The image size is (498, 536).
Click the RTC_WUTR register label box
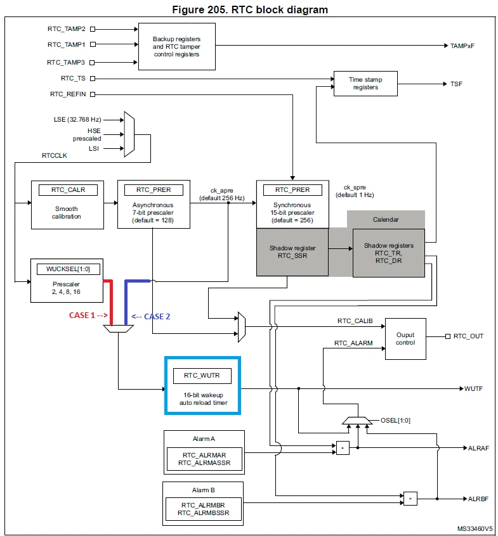pyautogui.click(x=202, y=376)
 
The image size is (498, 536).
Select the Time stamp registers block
pyautogui.click(x=365, y=84)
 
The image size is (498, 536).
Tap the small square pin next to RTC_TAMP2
pyautogui.click(x=93, y=29)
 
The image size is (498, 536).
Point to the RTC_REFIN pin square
pyautogui.click(x=93, y=94)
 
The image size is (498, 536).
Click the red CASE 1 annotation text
pyautogui.click(x=88, y=315)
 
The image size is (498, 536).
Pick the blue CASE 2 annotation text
pyautogui.click(x=151, y=317)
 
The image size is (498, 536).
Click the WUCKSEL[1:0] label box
pyautogui.click(x=69, y=269)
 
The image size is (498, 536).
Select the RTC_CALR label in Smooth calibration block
pyautogui.click(x=68, y=189)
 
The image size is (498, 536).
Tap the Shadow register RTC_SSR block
pyautogui.click(x=292, y=252)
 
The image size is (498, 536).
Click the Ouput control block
pyautogui.click(x=405, y=339)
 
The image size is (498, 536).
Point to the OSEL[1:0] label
pyautogui.click(x=395, y=421)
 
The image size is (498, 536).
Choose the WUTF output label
pyautogui.click(x=473, y=388)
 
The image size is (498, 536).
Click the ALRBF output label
pyautogui.click(x=478, y=499)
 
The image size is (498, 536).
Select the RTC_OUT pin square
pyautogui.click(x=448, y=336)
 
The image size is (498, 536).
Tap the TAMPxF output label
pyautogui.click(x=462, y=46)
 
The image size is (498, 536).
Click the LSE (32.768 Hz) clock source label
pyautogui.click(x=77, y=120)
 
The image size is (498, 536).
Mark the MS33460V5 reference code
pyautogui.click(x=475, y=529)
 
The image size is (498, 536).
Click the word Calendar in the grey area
pyautogui.click(x=386, y=219)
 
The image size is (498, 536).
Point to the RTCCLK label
pyautogui.click(x=55, y=155)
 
